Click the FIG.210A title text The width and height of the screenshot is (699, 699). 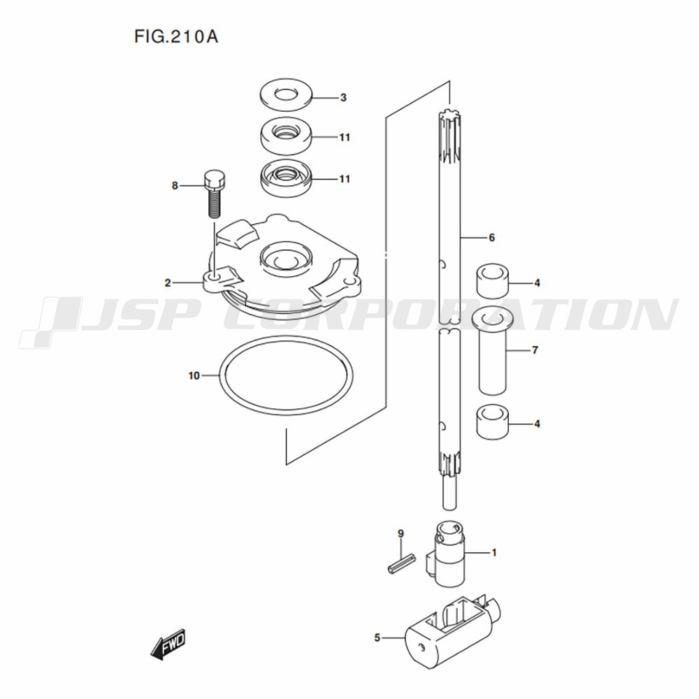coord(176,36)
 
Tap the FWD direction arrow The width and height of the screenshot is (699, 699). coord(168,644)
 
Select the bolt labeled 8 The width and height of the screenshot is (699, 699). coord(215,193)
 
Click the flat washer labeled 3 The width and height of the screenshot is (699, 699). coord(286,94)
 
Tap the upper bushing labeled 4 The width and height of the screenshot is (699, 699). coord(493,280)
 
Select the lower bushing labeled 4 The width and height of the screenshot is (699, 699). coord(493,421)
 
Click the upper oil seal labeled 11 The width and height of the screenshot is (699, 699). coord(286,136)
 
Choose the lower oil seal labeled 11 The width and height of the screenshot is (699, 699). coord(286,178)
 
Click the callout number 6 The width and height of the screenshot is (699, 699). coord(491,238)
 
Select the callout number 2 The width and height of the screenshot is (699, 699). coord(168,282)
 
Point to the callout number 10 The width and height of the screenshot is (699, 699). coord(194,376)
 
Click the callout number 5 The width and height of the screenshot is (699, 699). coord(377,638)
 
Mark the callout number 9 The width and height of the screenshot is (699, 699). coord(401,533)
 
